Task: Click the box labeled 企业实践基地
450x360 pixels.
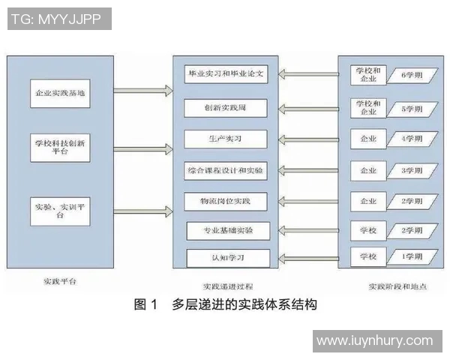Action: point(60,96)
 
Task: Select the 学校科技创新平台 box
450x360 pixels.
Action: point(60,145)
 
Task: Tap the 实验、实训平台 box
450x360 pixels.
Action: point(60,209)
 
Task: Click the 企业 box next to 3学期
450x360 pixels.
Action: point(368,171)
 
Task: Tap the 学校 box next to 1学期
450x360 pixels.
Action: point(368,257)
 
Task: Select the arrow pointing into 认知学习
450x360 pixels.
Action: point(309,257)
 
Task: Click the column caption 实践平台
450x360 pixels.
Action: point(60,283)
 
